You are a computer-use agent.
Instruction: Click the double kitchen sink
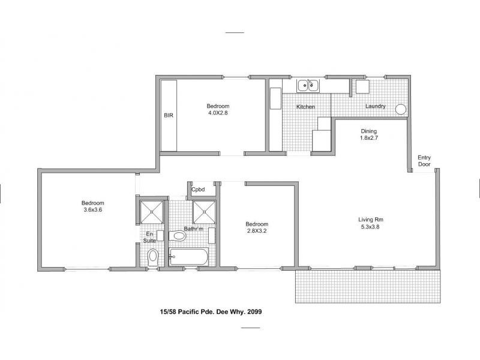309,86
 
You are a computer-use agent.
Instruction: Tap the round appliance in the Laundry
400,109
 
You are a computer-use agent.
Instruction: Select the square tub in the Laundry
362,88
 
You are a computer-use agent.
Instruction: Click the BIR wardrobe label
169,115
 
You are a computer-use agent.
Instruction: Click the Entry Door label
424,161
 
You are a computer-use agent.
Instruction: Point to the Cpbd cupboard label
198,190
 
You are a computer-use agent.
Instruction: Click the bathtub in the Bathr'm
188,259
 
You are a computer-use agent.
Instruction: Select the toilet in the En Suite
153,257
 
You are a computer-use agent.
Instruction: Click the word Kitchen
305,107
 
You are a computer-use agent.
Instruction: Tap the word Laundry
376,107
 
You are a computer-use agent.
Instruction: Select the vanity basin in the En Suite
160,236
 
